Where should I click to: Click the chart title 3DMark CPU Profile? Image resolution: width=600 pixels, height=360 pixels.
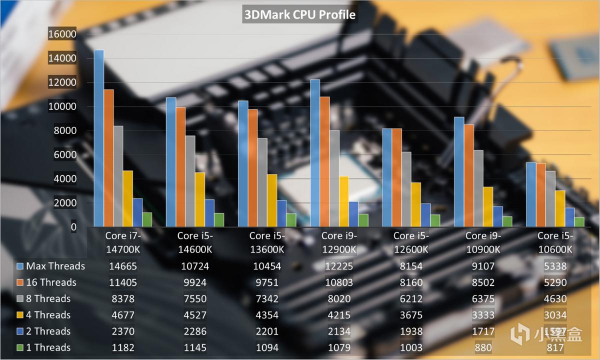(x=299, y=15)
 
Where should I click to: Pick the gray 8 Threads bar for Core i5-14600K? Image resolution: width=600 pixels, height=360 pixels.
(x=190, y=181)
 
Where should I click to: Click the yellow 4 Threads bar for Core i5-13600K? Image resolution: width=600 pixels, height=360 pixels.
(x=271, y=200)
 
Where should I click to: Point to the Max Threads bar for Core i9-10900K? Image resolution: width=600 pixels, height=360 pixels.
(x=459, y=172)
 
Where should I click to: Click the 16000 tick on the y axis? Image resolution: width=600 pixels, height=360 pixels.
(x=62, y=34)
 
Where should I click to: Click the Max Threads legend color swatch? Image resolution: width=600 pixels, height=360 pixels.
(x=20, y=266)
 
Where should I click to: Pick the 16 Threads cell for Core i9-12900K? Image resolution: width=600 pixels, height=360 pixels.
(x=338, y=282)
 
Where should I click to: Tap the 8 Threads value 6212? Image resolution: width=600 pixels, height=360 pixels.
(x=410, y=299)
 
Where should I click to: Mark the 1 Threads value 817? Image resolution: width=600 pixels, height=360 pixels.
(x=555, y=347)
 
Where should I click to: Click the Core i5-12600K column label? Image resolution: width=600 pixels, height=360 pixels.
(x=410, y=242)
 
